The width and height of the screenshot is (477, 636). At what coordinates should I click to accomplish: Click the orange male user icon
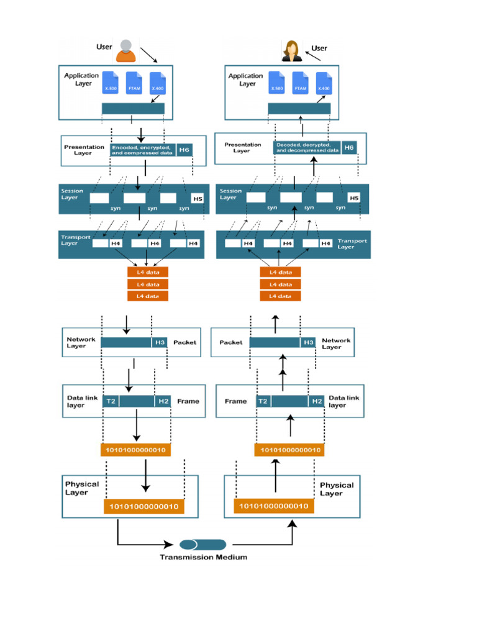click(x=126, y=51)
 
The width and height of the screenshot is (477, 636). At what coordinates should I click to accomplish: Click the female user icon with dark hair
click(x=291, y=51)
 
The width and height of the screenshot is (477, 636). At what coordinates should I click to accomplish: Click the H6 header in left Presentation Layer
click(x=184, y=150)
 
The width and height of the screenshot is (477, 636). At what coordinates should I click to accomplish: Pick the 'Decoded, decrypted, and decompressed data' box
click(x=307, y=148)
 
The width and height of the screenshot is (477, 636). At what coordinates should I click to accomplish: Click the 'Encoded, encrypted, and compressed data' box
click(x=142, y=150)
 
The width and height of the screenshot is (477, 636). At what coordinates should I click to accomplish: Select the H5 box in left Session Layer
click(x=197, y=199)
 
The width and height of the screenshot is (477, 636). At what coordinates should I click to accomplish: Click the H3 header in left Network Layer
click(x=160, y=342)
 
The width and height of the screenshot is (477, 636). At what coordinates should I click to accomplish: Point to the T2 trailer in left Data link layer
click(x=111, y=401)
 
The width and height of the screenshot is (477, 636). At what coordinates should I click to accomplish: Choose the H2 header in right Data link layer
click(x=317, y=401)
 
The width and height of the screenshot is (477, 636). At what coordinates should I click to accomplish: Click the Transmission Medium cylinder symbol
click(x=202, y=545)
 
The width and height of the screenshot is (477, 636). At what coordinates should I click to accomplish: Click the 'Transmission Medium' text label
click(x=203, y=557)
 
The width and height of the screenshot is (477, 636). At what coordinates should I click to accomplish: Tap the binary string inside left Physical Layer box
click(x=143, y=507)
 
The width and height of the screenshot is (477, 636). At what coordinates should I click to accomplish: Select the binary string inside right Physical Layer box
click(x=274, y=506)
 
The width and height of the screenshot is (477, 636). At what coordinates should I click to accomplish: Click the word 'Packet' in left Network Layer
click(x=184, y=342)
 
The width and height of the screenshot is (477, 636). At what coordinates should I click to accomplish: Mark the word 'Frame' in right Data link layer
click(x=235, y=401)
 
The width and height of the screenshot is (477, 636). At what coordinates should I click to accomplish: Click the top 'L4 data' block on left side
click(x=148, y=272)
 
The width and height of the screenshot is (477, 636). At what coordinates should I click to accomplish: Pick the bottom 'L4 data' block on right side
click(x=280, y=296)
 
